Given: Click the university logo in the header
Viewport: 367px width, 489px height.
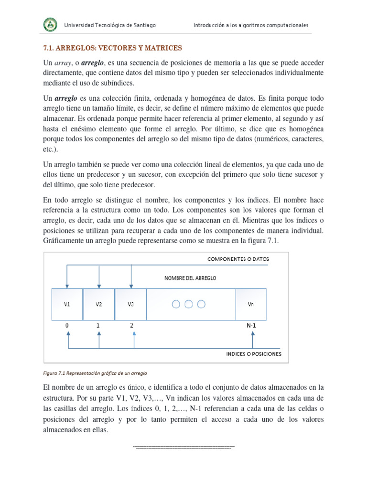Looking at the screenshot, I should (x=50, y=24).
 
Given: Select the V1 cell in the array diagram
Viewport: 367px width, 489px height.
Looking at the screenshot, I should (x=67, y=304).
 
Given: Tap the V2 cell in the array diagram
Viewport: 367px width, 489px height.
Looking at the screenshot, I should (x=99, y=304).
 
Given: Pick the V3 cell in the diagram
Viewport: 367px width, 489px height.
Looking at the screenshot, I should (x=131, y=304).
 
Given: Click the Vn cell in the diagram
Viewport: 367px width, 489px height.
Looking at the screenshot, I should (x=251, y=304).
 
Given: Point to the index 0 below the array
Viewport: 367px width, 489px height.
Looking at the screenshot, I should (x=67, y=325).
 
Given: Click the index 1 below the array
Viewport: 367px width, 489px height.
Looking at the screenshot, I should (x=98, y=325).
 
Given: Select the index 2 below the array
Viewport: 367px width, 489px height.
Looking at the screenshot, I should (x=131, y=325).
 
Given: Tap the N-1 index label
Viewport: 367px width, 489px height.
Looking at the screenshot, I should (x=251, y=325).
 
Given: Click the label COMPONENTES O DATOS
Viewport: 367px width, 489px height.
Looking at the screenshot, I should (x=238, y=259).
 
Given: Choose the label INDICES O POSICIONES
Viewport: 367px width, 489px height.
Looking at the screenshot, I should (x=253, y=354).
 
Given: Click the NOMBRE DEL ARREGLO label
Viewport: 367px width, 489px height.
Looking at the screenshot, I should (x=190, y=277).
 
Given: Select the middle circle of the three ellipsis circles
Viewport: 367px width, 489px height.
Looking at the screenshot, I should (x=188, y=304).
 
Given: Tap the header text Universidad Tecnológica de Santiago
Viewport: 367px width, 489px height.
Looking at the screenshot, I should (x=110, y=25).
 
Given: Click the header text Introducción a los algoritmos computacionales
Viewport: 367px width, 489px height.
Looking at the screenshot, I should (x=251, y=25).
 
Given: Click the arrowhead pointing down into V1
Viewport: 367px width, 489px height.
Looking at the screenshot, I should (x=67, y=285).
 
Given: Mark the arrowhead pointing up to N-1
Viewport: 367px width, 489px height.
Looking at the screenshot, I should (x=252, y=334).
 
